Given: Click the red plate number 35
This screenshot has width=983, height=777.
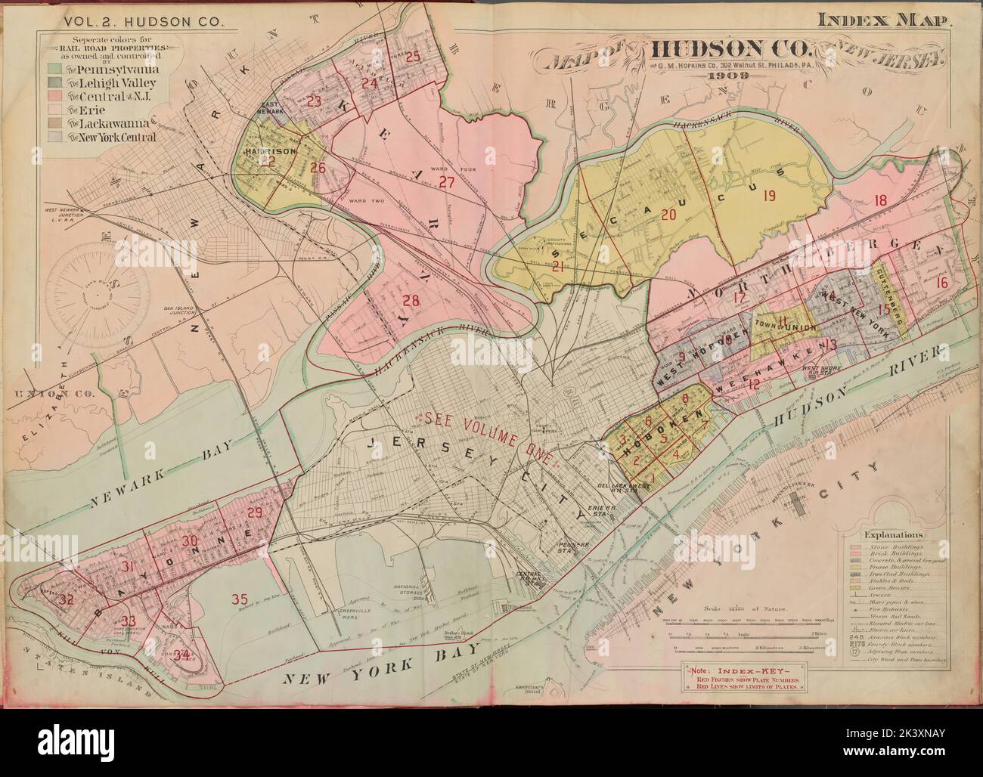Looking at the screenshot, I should pos(240,600).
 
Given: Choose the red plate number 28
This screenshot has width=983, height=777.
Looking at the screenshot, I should pos(410,301).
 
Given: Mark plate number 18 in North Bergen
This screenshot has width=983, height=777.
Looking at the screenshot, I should pos(879,200).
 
